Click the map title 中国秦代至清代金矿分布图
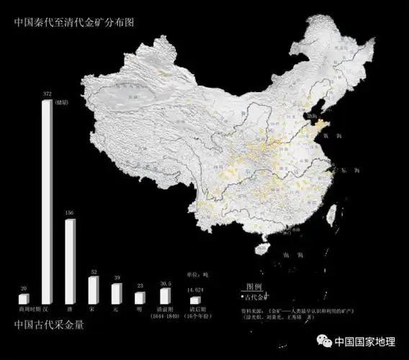tap(74, 22)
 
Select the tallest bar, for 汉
tap(47, 202)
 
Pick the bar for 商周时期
tap(24, 298)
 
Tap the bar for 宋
tap(92, 289)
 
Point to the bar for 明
tap(139, 297)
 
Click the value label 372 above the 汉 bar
tap(47, 94)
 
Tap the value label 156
tap(70, 213)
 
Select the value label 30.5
tap(165, 284)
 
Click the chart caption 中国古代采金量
tap(49, 325)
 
